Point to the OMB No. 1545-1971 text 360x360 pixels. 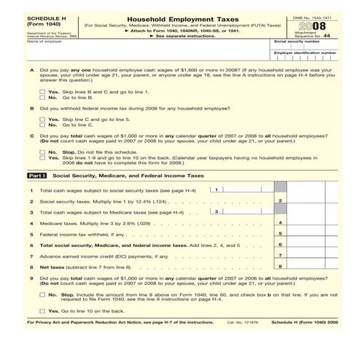coord(313,16)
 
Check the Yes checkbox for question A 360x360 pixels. coord(43,92)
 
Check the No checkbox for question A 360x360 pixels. coord(43,98)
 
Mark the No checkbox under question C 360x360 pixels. coord(43,152)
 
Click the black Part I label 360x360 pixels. coord(37,176)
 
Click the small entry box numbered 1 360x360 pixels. coord(216,189)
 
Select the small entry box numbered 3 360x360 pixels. coord(216,211)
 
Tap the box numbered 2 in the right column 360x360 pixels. coord(281,200)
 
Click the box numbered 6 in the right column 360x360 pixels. coord(281,245)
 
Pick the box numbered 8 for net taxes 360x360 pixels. coord(281,267)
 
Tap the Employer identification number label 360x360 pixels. coord(304,52)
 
